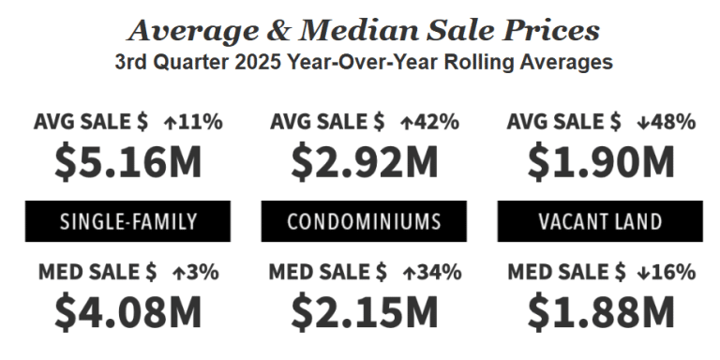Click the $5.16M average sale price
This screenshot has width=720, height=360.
click(x=127, y=162)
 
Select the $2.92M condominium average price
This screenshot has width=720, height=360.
click(x=365, y=162)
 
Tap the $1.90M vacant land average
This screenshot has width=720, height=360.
click(x=601, y=162)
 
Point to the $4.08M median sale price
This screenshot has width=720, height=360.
click(x=127, y=312)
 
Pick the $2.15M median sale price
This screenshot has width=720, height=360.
click(x=365, y=312)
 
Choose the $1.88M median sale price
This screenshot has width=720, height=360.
click(x=601, y=312)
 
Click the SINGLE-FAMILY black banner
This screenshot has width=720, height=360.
click(x=127, y=222)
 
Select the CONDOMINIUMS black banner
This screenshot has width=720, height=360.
click(x=365, y=222)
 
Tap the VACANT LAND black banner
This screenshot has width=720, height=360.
click(x=601, y=222)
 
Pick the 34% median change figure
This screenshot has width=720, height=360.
click(x=440, y=273)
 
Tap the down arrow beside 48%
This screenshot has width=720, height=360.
click(x=642, y=122)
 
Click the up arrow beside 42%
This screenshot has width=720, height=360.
click(x=406, y=122)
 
